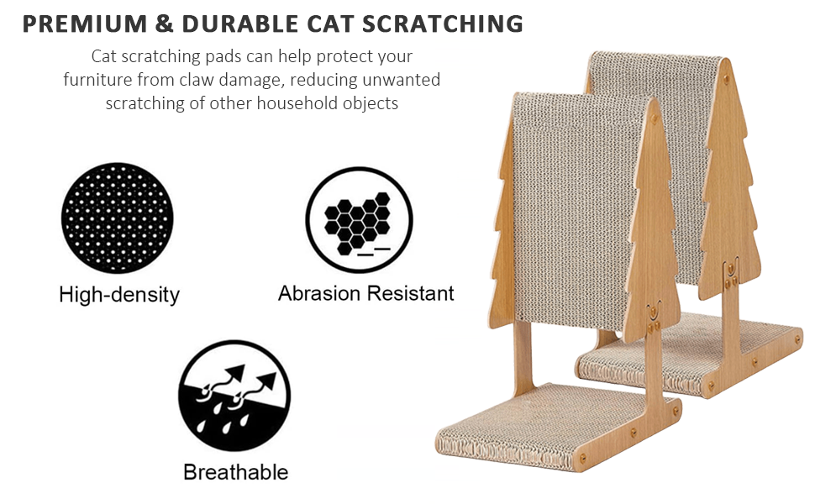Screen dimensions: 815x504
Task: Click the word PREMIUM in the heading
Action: click(x=85, y=24)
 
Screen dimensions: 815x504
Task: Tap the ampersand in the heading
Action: click(x=164, y=24)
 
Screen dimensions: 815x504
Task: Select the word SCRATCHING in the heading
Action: click(x=443, y=24)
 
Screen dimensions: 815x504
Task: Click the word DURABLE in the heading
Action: click(x=240, y=24)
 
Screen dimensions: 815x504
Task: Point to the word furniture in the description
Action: click(x=97, y=80)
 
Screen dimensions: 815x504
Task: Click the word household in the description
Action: click(x=290, y=102)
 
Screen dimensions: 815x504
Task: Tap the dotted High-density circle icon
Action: click(x=118, y=218)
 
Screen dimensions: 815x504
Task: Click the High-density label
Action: click(x=119, y=295)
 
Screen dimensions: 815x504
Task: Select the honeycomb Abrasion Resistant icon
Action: click(x=359, y=220)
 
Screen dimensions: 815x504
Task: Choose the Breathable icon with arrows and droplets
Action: click(x=234, y=396)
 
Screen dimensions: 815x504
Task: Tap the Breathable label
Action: click(x=235, y=472)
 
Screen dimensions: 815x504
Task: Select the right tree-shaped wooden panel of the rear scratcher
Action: click(x=728, y=181)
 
